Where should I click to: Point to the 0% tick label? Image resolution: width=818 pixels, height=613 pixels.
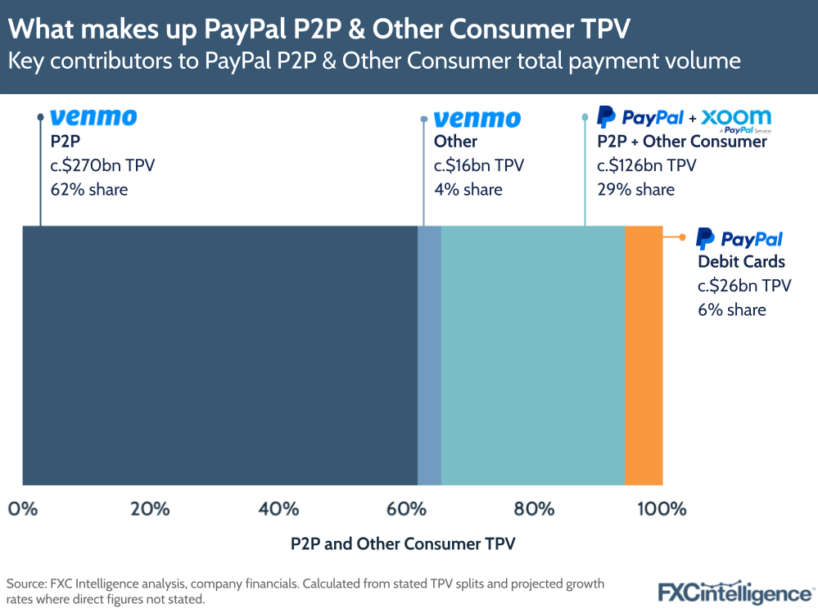23,509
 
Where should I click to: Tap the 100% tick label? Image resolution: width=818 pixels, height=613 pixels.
661,509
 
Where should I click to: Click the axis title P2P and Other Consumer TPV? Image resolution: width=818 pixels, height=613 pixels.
403,543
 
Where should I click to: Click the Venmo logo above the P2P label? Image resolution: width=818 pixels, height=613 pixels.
93,118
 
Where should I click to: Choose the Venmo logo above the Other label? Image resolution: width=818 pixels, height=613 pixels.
477,119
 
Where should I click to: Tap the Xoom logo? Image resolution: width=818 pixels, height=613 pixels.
736,118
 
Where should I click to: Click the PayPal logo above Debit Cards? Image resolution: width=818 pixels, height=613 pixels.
739,239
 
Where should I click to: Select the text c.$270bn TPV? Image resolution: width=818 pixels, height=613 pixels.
102,166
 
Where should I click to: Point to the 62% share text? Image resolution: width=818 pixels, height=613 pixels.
89,190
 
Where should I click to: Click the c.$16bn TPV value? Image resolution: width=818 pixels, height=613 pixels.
479,166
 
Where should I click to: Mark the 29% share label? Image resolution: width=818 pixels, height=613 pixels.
635,190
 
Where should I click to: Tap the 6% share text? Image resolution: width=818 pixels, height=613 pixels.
731,309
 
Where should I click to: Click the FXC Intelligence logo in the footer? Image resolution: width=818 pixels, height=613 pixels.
735,591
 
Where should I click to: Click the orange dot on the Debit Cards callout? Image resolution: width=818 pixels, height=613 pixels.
683,237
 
